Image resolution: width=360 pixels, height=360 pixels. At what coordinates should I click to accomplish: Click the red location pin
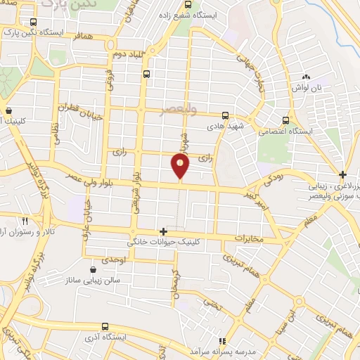[x=181, y=167]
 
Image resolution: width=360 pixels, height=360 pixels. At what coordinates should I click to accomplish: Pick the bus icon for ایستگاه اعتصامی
[x=285, y=120]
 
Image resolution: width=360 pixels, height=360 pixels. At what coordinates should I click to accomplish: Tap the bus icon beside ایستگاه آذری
[x=105, y=326]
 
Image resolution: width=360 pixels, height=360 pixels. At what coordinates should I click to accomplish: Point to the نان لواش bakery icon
[x=306, y=77]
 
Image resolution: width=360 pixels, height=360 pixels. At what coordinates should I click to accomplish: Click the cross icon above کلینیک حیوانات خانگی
[x=163, y=231]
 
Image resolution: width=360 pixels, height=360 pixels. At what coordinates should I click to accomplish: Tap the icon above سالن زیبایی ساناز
[x=94, y=269]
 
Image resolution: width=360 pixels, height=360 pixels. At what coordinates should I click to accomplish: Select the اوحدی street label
[x=112, y=259]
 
